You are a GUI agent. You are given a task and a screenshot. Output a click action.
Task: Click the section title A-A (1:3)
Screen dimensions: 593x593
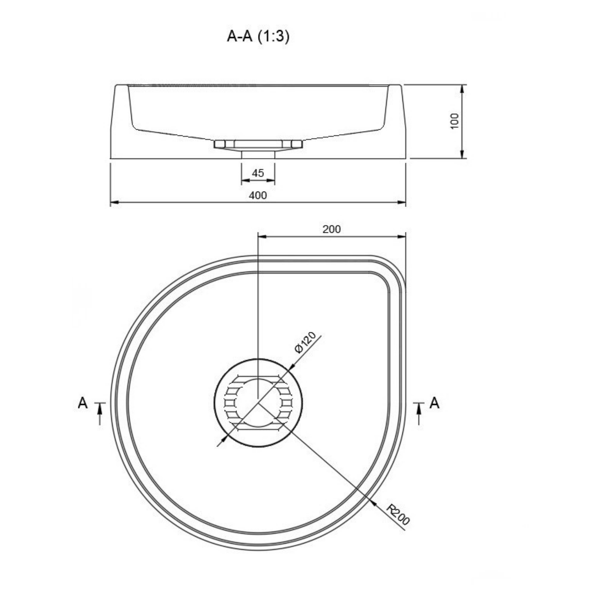pos(258,37)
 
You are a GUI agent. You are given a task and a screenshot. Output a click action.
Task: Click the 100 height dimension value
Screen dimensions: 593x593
pos(454,121)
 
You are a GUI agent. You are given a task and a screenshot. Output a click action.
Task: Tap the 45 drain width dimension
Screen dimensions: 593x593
pos(258,173)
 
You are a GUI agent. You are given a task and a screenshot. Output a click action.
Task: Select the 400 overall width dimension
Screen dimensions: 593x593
pos(258,195)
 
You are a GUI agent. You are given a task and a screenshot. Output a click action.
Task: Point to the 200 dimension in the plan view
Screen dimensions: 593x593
pos(332,229)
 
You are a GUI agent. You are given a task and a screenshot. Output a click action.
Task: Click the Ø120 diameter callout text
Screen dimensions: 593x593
pos(305,342)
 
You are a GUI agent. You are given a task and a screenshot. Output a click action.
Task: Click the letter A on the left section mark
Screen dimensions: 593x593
pos(83,403)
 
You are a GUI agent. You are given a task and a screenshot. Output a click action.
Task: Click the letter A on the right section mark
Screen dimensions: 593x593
pos(434,403)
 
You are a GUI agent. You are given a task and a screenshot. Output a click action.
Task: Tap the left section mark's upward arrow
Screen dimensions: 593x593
pos(99,414)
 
